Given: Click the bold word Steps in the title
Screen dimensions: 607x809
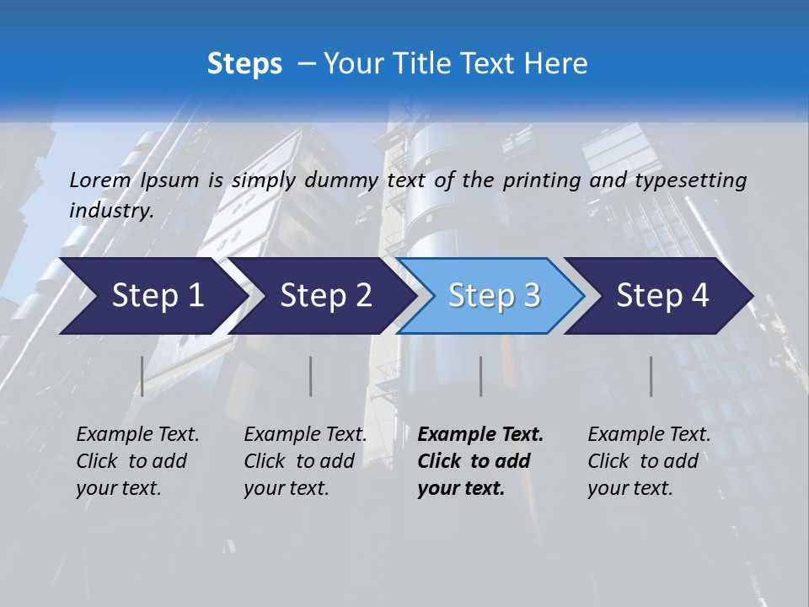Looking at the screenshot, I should coord(244,64).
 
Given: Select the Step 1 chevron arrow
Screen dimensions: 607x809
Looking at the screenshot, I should coord(152,296).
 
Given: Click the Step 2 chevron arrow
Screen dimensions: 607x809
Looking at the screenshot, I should coord(320,296).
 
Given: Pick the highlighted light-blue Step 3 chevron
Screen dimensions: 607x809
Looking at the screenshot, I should coord(490,296).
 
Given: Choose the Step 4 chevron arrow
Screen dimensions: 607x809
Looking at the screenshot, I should coord(659,296).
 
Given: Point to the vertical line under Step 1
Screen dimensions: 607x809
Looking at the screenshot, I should coord(142,376).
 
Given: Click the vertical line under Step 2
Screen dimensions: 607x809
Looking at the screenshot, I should coord(311,376).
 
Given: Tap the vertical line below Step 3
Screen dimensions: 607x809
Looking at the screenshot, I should coord(481,376).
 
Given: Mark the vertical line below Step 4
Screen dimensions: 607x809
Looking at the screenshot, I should coord(651,376).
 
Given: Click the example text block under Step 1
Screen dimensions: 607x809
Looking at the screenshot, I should coord(137,461).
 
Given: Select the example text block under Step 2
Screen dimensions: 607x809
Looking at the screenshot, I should coord(305,461).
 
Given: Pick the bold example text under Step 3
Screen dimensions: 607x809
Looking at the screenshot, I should coord(480,461).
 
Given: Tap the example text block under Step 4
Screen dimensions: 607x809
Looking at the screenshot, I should coord(649,461).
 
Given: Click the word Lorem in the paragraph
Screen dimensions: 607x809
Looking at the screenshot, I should coord(99,180).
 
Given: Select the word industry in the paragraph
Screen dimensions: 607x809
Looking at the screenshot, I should coord(110,211).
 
